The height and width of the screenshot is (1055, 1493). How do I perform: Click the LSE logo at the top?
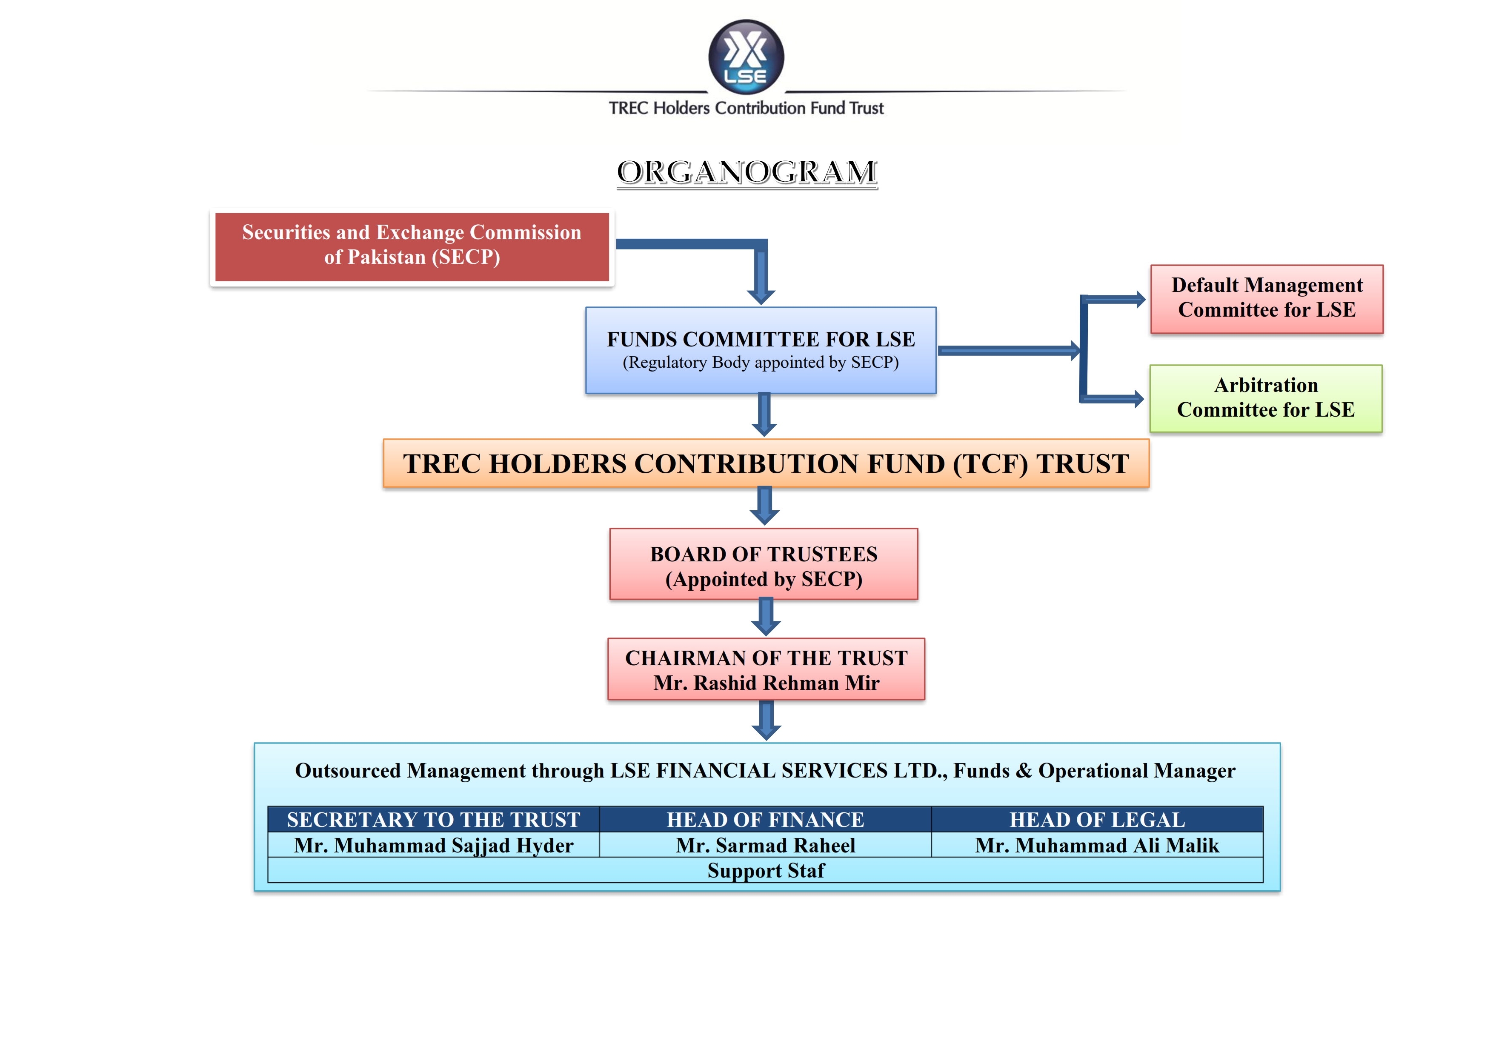[746, 57]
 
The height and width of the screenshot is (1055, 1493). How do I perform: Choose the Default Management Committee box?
[1266, 298]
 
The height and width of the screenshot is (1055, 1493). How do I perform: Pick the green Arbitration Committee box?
[1265, 398]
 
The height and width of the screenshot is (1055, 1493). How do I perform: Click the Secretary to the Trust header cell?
[433, 820]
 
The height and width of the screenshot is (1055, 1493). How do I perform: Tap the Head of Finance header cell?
[765, 820]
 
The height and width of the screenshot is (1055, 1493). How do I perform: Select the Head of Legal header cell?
[1097, 820]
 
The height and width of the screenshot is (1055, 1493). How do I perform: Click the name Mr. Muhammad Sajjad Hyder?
[433, 845]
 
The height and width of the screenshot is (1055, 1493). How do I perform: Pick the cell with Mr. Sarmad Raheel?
[765, 845]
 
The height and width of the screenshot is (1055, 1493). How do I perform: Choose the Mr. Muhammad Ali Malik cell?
[1097, 845]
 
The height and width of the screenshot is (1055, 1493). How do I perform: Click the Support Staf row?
[765, 870]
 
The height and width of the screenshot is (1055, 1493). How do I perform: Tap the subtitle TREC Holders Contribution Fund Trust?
[746, 108]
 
